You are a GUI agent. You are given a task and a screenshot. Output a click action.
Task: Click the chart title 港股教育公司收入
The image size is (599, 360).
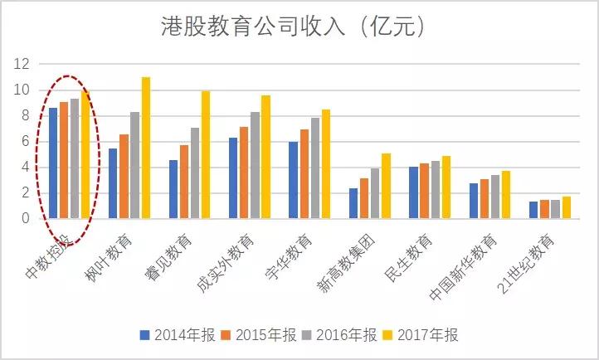coord(294,27)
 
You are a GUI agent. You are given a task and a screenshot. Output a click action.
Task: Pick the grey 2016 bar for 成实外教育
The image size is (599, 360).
coord(255,165)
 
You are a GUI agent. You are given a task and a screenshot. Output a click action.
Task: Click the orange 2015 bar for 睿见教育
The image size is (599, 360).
coord(184,182)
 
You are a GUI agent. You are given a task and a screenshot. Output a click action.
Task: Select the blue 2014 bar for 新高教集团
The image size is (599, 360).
coord(353,203)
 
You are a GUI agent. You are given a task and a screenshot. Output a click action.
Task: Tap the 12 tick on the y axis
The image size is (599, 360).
coord(22,64)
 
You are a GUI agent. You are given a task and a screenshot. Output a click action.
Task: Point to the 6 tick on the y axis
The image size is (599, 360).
coord(26,141)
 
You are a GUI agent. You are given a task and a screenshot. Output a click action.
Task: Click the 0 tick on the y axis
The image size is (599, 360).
coord(26,218)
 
